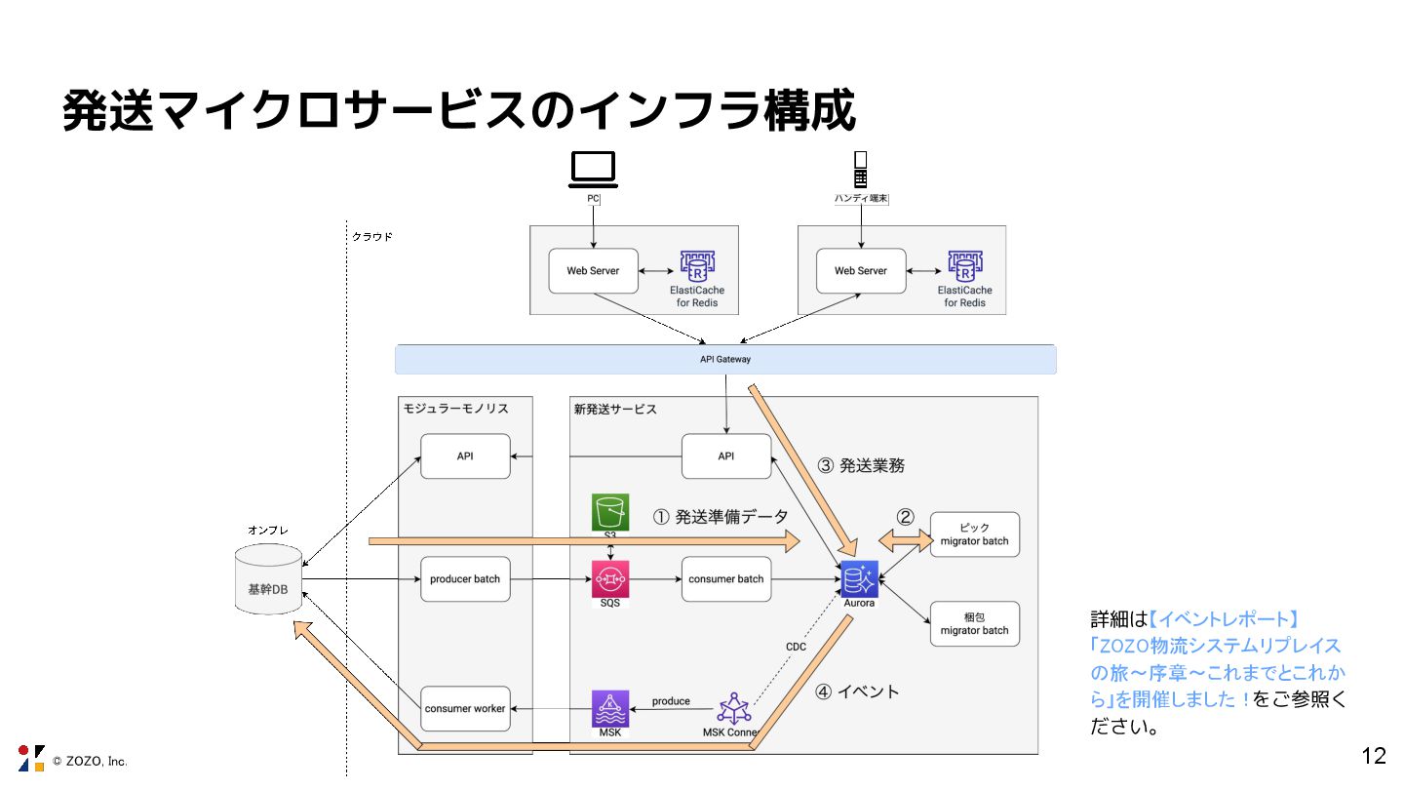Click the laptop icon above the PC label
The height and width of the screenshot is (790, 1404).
[593, 169]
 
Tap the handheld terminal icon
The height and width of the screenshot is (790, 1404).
[860, 170]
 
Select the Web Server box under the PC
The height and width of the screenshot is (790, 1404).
[593, 270]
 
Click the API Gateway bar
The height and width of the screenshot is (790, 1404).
[725, 359]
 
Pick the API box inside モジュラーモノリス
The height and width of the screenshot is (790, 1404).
[465, 455]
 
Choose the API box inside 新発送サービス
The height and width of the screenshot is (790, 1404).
[725, 455]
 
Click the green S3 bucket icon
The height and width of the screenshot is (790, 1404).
[610, 512]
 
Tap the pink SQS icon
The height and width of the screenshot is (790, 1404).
[610, 578]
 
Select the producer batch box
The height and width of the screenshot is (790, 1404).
[465, 578]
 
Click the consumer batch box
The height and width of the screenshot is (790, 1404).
[725, 578]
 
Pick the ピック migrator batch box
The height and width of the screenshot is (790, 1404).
[974, 534]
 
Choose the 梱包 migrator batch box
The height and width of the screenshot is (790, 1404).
[974, 624]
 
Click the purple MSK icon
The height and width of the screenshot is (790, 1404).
[610, 709]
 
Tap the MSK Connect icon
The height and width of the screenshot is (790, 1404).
[734, 708]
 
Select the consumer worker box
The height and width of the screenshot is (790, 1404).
[465, 708]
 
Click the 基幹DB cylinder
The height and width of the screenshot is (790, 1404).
[268, 581]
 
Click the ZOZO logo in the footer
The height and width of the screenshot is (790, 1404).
[31, 758]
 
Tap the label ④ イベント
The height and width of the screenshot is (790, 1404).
[857, 691]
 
